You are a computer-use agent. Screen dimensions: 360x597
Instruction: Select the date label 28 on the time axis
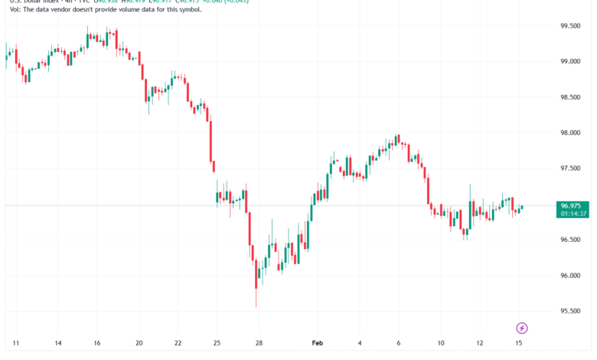[x=259, y=343]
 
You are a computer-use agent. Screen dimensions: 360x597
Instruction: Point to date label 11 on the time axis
[x=16, y=343]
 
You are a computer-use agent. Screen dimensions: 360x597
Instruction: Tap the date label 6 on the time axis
[x=398, y=343]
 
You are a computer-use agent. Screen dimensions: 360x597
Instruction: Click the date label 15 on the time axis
[x=521, y=343]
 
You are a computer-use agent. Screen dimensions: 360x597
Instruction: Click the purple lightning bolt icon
[x=522, y=328]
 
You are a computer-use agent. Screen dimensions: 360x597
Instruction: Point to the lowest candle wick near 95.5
[x=256, y=306]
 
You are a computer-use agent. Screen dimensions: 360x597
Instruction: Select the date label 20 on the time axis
[x=139, y=343]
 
